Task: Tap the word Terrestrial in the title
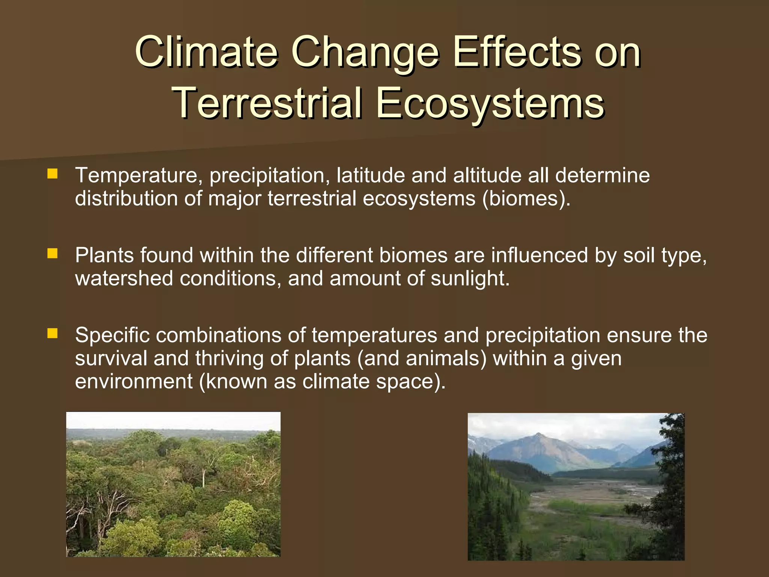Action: [267, 103]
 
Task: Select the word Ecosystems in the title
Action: [490, 103]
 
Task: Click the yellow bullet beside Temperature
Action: [53, 174]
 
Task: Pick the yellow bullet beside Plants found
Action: [53, 254]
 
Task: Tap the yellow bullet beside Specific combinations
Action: [53, 333]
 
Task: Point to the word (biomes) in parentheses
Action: [526, 198]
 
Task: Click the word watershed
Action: [124, 278]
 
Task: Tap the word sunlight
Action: [469, 278]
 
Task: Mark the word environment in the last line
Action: [134, 381]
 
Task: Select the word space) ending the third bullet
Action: [411, 382]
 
